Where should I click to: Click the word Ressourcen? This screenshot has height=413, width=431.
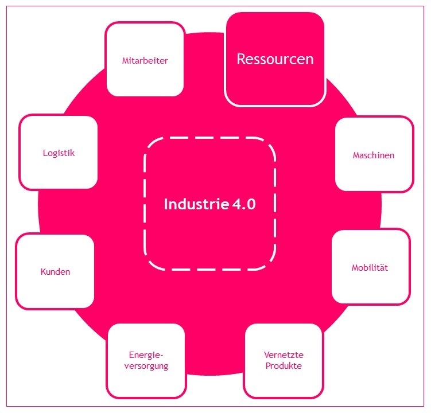275,59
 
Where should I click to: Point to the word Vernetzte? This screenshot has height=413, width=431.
283,355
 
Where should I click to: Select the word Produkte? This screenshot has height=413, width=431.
283,366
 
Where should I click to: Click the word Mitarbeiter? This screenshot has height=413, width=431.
145,60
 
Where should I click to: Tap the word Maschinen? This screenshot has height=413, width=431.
374,155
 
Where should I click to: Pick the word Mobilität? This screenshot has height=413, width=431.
371,268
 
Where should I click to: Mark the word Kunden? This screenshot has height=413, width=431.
55,271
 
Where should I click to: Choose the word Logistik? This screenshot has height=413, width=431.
59,153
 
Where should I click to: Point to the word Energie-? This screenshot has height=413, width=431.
146,355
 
